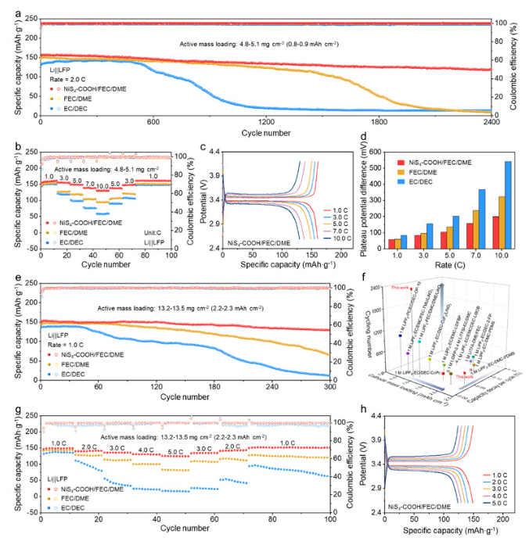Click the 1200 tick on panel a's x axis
coord(266,122)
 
